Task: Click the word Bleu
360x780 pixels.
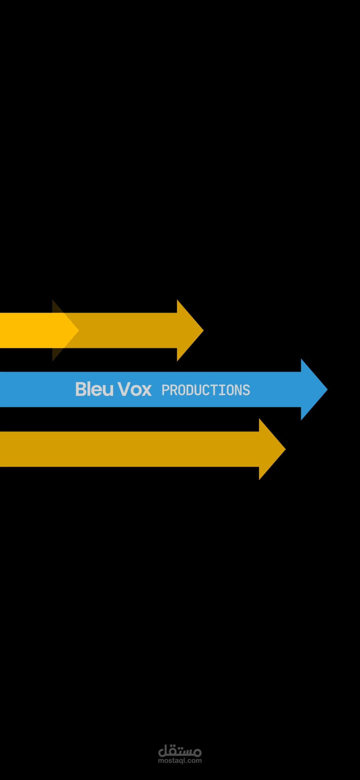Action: tap(95, 389)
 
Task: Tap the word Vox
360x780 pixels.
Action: tap(135, 389)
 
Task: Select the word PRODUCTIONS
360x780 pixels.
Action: tap(206, 390)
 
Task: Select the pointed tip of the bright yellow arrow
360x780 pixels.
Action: tap(79, 330)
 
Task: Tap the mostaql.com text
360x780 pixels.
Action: tap(180, 761)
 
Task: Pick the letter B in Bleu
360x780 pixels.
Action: tap(81, 389)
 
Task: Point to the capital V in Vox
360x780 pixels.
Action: tap(124, 389)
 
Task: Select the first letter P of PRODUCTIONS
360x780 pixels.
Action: tap(165, 390)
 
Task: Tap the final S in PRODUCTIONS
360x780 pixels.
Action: tap(247, 390)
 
